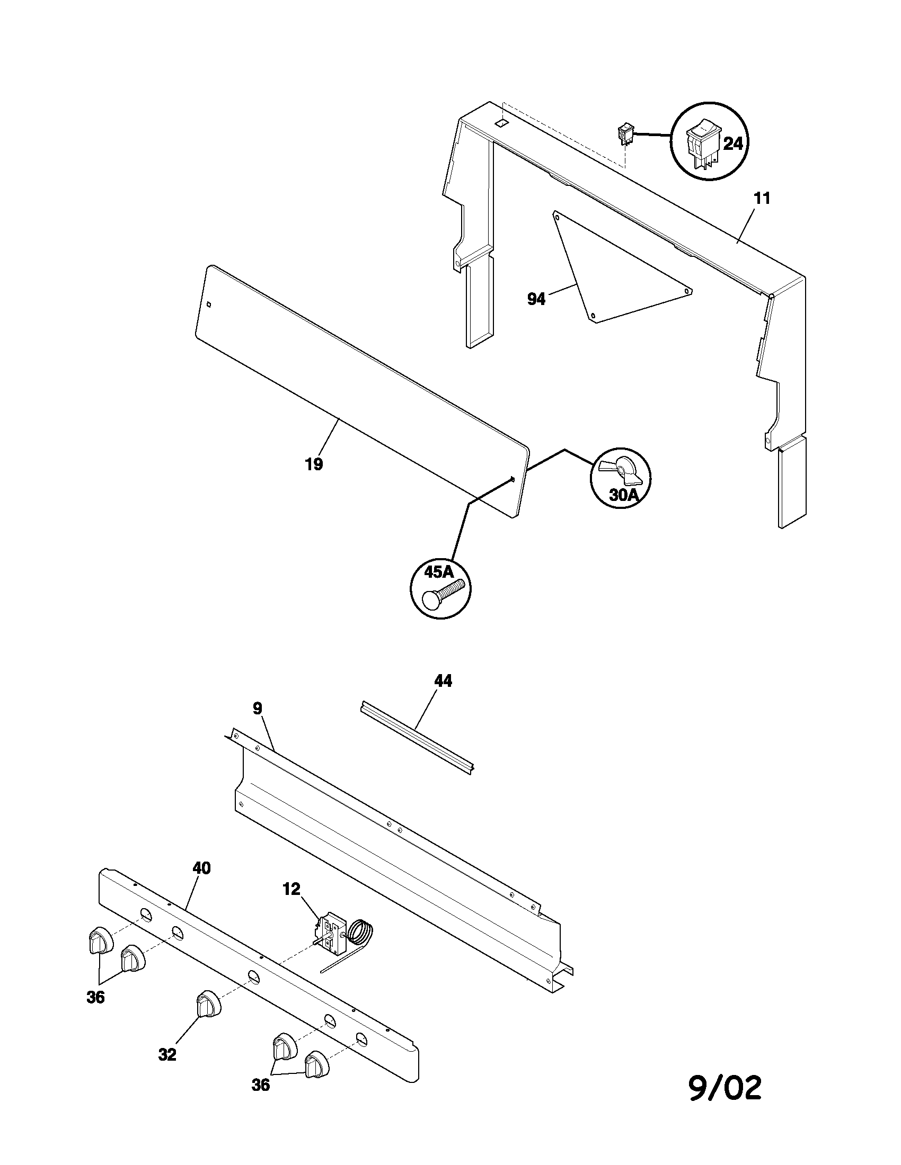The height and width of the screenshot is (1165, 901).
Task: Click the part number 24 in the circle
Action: tap(733, 144)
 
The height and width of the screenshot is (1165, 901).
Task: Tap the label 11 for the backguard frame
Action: tap(762, 199)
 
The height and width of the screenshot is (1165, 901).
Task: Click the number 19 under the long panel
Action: tap(314, 464)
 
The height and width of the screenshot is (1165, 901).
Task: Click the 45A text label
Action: tap(439, 572)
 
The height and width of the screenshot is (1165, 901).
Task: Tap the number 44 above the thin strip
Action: tap(443, 680)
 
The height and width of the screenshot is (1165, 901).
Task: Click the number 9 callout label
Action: tap(257, 709)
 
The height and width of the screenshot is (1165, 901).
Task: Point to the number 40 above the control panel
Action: tap(201, 868)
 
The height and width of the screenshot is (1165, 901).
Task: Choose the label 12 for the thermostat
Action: tap(291, 889)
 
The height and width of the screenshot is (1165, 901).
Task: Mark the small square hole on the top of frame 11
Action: tap(501, 123)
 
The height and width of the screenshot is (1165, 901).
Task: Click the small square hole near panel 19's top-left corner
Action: tap(209, 305)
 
